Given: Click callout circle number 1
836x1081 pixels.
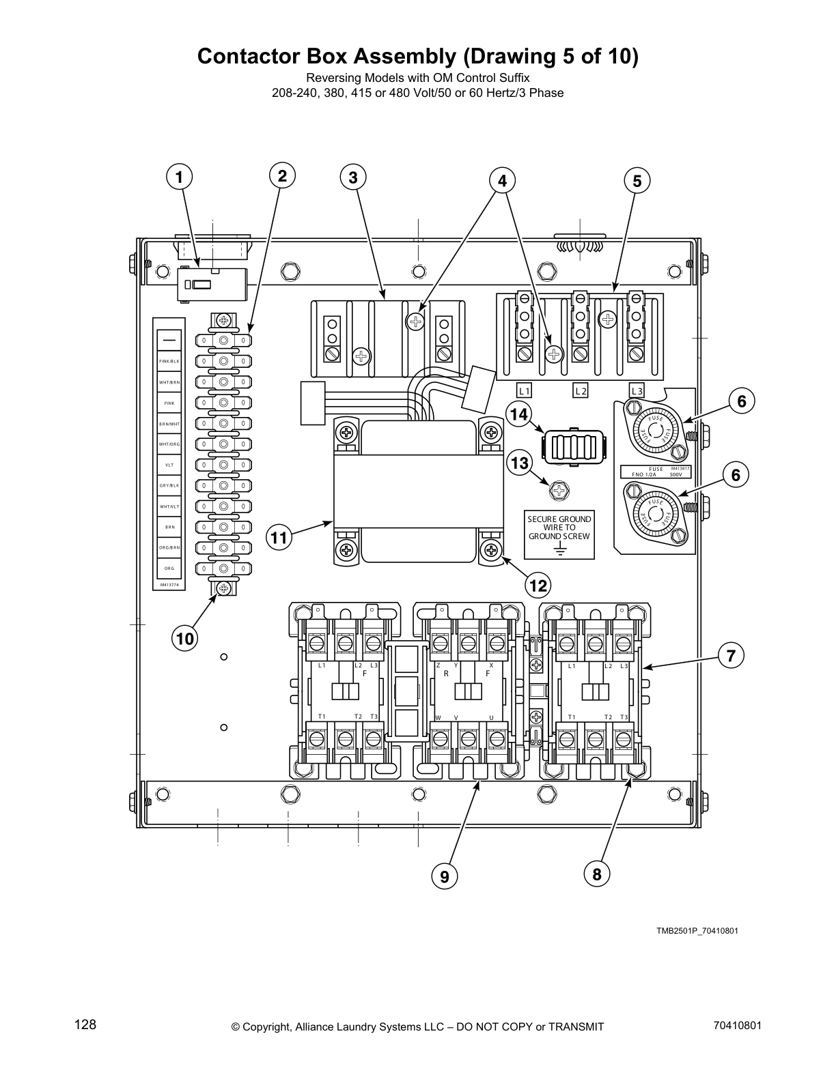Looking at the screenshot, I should [x=179, y=178].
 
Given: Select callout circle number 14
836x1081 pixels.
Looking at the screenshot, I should [x=519, y=414].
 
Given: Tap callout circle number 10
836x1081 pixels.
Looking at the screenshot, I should [x=184, y=639].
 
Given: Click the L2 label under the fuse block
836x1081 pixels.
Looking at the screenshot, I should [x=580, y=391].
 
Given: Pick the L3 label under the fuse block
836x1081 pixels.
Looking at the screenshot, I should [x=637, y=391].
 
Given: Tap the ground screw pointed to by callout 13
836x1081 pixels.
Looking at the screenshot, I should [x=559, y=490].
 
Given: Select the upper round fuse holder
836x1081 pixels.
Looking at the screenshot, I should [x=654, y=431].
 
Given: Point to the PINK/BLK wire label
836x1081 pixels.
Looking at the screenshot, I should [x=169, y=361].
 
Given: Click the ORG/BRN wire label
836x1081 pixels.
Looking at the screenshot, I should [x=169, y=548].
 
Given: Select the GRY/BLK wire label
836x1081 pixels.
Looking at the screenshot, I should [x=169, y=485].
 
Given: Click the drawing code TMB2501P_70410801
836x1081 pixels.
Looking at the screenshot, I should [x=697, y=931].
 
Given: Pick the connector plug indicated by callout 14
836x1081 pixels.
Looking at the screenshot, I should [x=574, y=448].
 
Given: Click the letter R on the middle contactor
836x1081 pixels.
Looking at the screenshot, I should [x=445, y=674].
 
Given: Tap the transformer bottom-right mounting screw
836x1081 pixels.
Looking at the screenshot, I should [x=490, y=550].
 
